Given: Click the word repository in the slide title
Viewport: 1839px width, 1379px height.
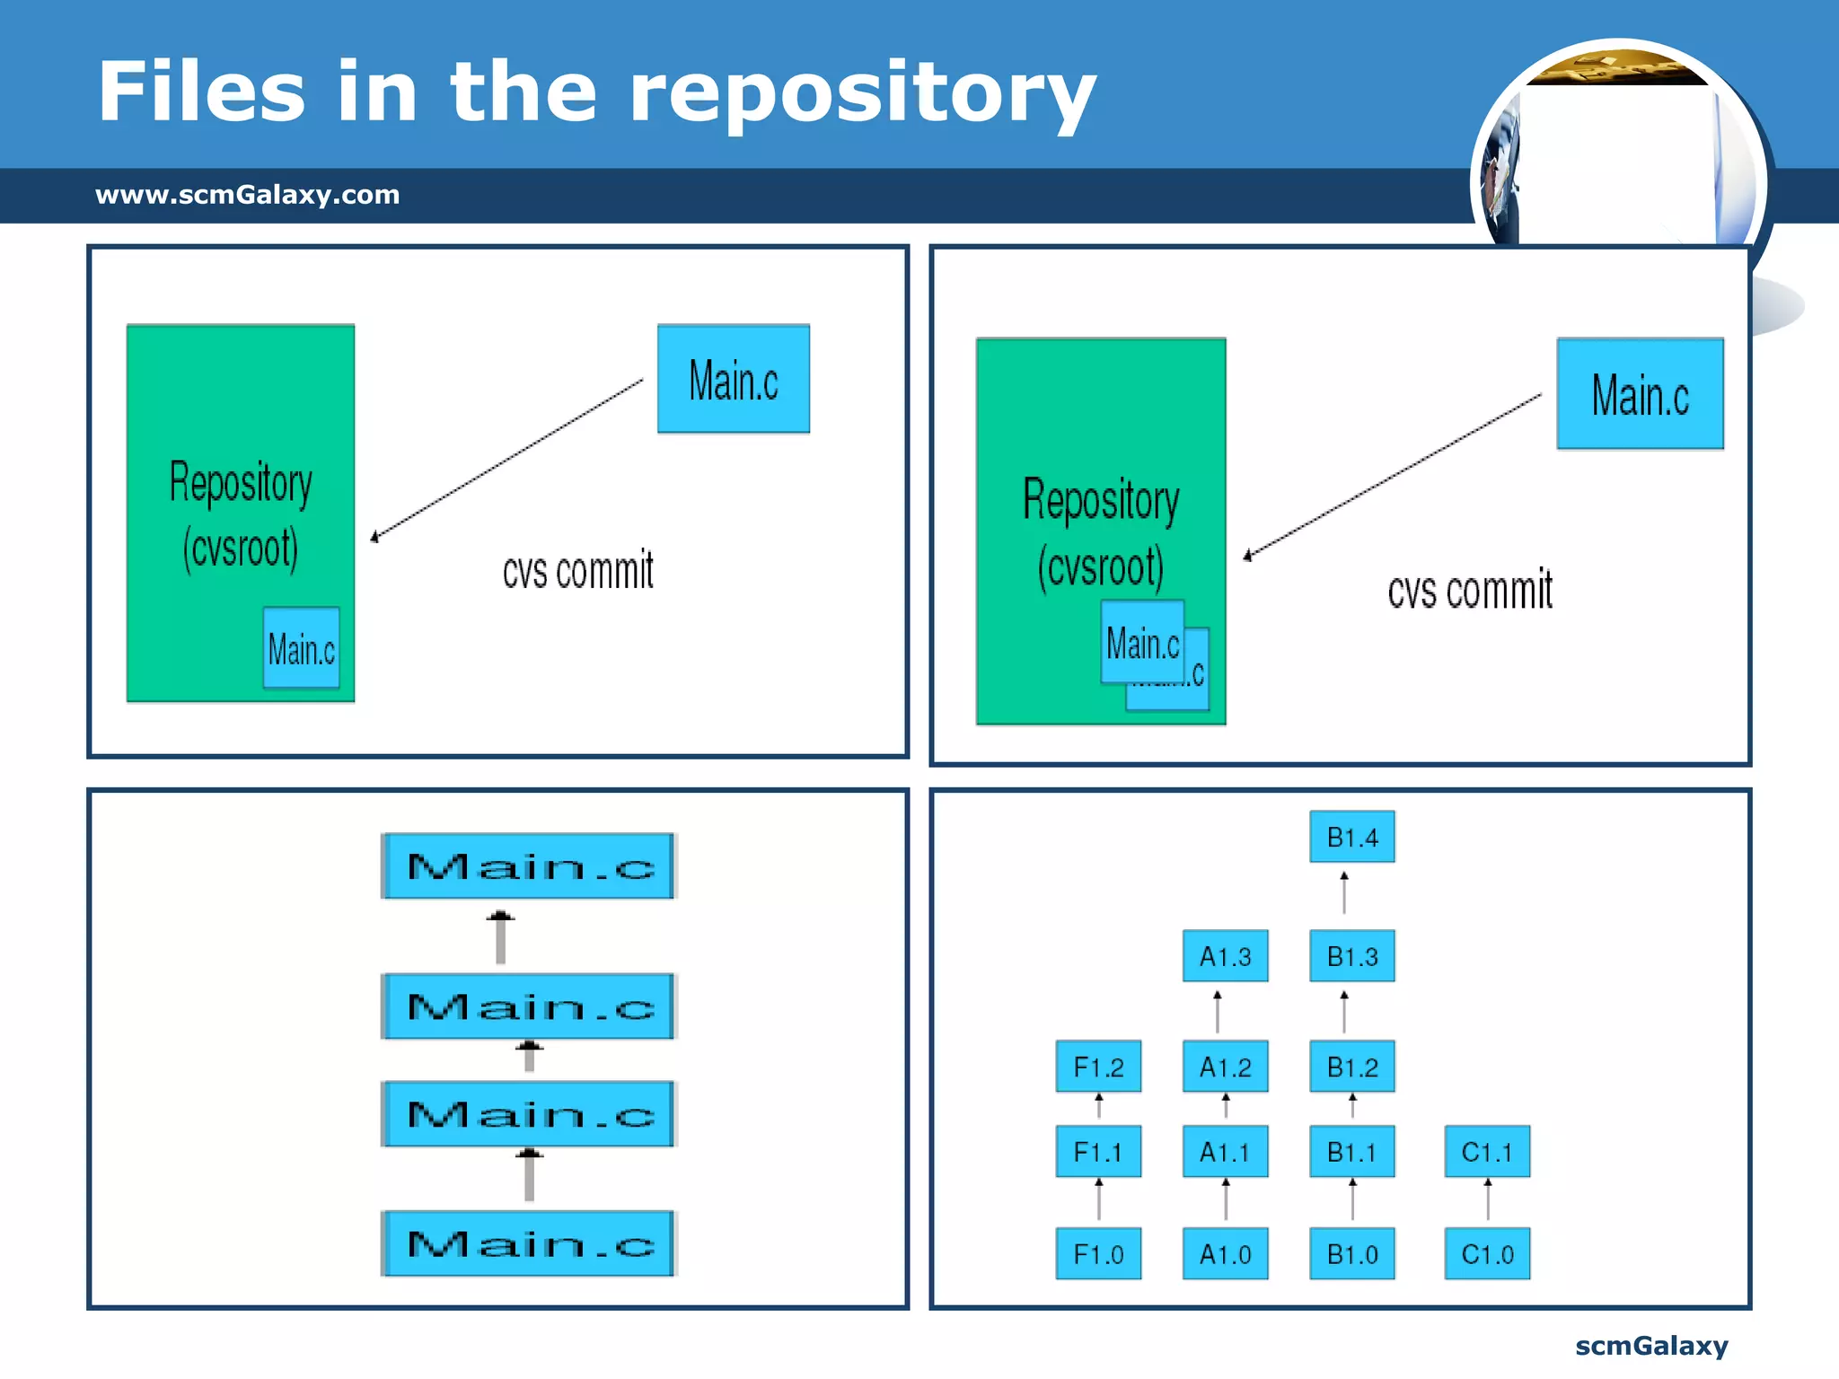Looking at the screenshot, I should point(862,94).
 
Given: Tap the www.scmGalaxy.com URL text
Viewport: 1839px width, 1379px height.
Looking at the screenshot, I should point(248,195).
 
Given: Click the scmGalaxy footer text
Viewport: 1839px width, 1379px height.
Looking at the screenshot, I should point(1650,1346).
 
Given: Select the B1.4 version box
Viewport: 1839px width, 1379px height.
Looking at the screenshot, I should point(1351,837).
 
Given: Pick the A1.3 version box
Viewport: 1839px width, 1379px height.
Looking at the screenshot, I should point(1225,956).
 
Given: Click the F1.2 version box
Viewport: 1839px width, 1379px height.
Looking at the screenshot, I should point(1098,1067).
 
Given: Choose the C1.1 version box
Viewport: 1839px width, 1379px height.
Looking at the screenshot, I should point(1486,1152).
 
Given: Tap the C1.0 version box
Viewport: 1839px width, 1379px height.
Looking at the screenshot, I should point(1486,1253).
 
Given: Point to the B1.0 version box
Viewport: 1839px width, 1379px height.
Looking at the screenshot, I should point(1351,1253).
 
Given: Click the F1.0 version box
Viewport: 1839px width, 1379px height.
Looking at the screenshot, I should point(1098,1253).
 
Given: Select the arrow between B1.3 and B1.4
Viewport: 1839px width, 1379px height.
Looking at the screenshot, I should point(1344,893).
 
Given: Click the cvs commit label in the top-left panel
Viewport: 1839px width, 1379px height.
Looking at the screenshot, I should point(577,572).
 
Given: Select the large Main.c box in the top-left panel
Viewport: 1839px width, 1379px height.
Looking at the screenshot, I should point(733,379).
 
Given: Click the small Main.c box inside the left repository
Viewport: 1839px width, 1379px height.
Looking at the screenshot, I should point(301,648).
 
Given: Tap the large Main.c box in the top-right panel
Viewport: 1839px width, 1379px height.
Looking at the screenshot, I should point(1640,394).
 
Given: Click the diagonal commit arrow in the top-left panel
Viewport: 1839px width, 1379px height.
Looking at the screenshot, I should point(508,458).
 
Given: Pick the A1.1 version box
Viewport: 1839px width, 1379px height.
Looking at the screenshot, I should point(1225,1152).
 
